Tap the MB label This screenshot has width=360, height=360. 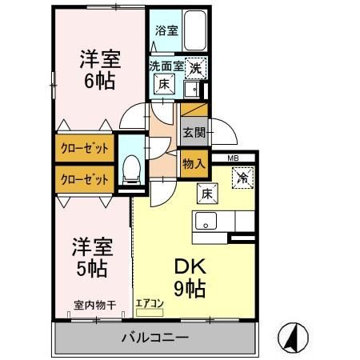tap(233, 158)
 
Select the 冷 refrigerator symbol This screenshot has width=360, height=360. tap(242, 178)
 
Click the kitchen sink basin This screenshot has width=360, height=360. tap(205, 222)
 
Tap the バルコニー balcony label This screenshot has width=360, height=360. tap(155, 337)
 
